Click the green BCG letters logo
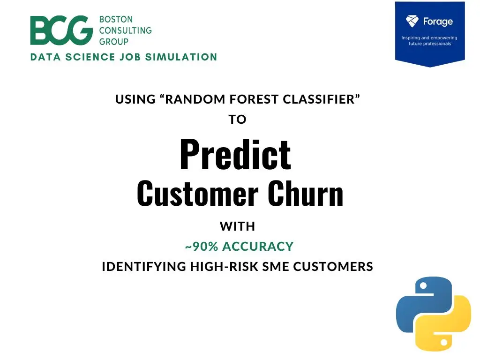tap(61, 30)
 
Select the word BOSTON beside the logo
tap(116, 19)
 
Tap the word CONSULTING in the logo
tap(126, 30)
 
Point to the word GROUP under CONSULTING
tap(114, 42)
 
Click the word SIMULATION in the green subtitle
tap(181, 57)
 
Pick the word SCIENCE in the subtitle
tap(90, 57)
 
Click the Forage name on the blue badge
tap(438, 22)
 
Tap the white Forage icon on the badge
tap(412, 21)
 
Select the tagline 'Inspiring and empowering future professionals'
tap(429, 41)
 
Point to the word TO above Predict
tap(237, 120)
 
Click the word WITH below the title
tap(237, 226)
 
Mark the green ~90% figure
tap(202, 247)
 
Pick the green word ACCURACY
tap(258, 247)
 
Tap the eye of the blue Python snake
tap(423, 286)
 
